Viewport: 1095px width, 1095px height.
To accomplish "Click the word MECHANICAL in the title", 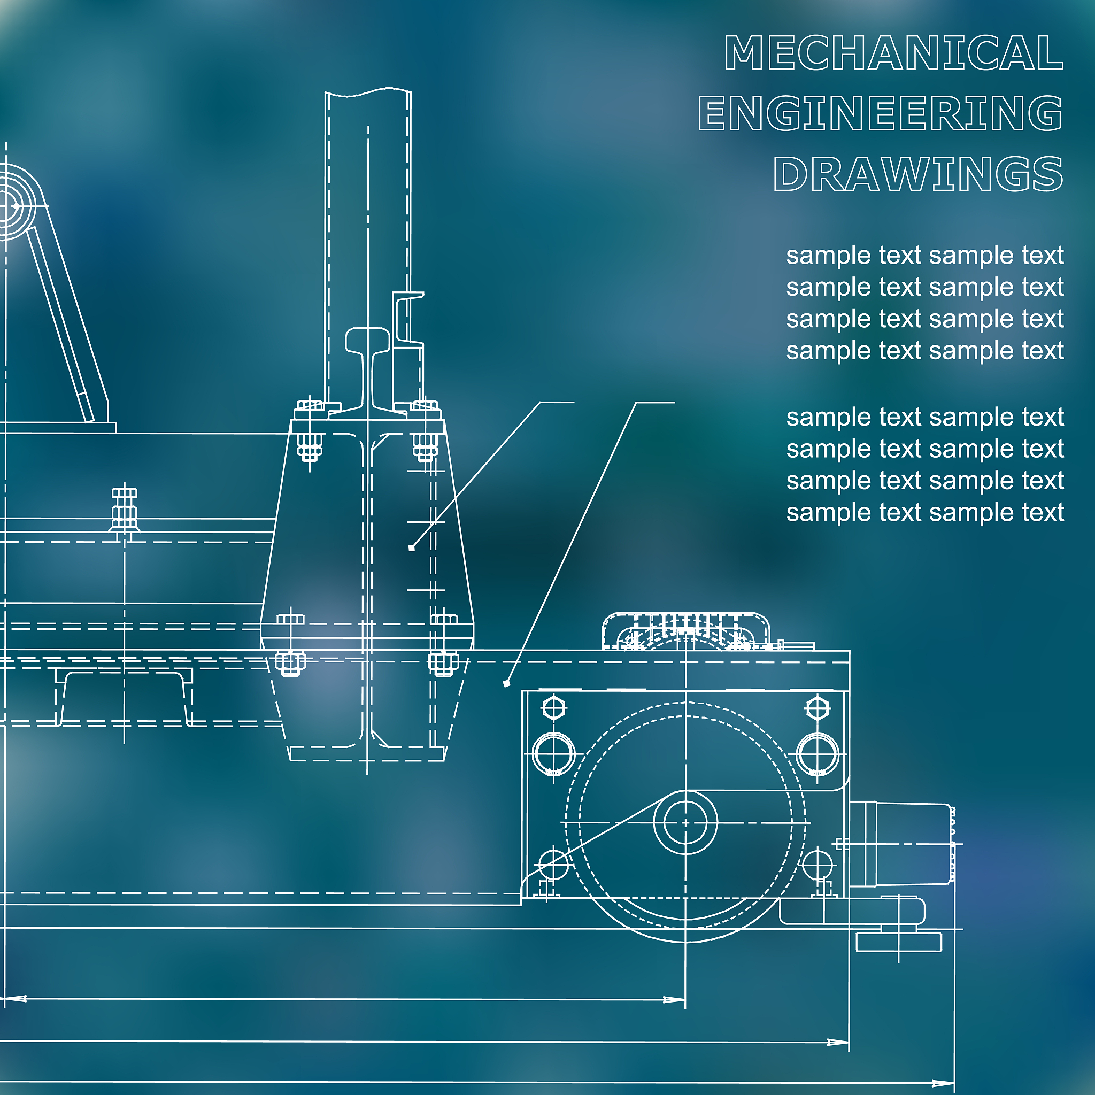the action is pos(894,53).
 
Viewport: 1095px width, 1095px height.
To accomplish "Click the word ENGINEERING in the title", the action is pos(881,113).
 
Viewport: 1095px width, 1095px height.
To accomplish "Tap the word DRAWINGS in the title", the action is pos(918,173).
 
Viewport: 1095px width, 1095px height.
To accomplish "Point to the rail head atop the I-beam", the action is pos(368,340).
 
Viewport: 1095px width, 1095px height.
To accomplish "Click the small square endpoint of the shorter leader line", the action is pos(412,548).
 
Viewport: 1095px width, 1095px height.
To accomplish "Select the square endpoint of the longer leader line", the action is pos(507,684).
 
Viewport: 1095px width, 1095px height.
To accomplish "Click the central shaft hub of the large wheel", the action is pos(685,822).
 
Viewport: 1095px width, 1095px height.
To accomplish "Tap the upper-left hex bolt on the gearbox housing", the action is pos(554,708).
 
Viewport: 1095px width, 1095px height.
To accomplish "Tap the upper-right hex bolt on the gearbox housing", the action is pos(818,708).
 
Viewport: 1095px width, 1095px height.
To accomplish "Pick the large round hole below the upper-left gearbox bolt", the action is pos(554,754).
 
